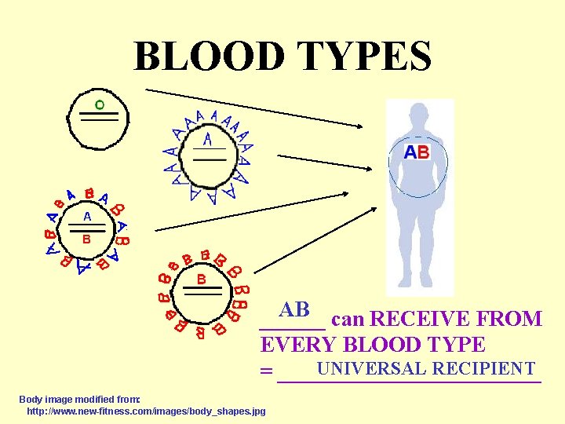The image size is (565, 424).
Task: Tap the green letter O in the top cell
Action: tap(99, 104)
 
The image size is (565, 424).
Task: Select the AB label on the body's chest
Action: tap(417, 152)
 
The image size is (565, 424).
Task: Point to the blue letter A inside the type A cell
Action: tap(207, 140)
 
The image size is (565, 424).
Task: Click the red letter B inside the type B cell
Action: tap(201, 279)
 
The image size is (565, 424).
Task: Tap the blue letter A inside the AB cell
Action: tap(87, 215)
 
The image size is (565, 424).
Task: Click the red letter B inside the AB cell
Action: tap(87, 238)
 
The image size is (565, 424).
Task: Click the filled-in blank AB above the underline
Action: tap(295, 309)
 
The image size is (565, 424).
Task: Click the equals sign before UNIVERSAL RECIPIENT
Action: tap(267, 371)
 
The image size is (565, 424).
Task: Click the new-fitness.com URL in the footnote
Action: tap(146, 411)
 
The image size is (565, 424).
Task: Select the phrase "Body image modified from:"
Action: tap(79, 400)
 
